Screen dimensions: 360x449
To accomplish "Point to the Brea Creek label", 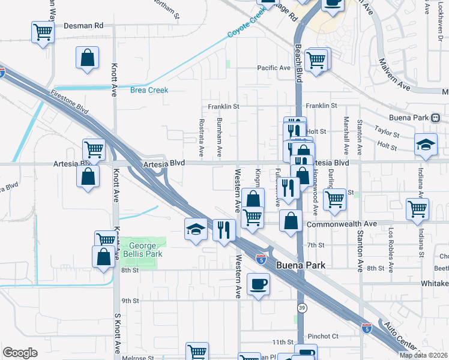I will pos(149,90).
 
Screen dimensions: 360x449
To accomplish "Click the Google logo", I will pos(20,353).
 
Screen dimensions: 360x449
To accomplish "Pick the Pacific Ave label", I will pos(274,68).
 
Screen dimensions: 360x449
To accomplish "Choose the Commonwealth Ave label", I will pos(342,224).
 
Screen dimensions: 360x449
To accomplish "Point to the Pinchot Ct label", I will pos(323,337).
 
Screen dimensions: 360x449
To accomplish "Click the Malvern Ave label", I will pos(394,75).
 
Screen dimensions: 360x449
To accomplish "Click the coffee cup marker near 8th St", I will pos(259,284).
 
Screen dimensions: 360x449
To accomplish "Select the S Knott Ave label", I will pos(117,332).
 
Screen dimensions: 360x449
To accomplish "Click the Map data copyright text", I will pos(424,355).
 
